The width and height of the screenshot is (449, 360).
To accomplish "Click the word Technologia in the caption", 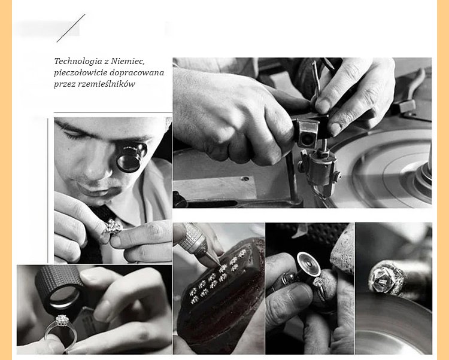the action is (78, 62).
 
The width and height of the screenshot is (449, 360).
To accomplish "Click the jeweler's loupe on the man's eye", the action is (131, 157).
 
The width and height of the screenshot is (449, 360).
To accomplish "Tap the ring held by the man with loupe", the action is (113, 227).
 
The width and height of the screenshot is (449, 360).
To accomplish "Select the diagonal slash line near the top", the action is (71, 28).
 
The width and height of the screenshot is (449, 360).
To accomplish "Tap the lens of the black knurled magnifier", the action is (65, 295).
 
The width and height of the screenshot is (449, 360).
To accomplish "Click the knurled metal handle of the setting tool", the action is (192, 236).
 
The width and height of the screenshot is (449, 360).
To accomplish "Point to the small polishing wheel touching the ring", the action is (308, 264).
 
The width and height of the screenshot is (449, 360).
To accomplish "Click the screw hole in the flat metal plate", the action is (245, 179).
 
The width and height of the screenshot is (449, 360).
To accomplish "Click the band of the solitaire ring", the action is (60, 334).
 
